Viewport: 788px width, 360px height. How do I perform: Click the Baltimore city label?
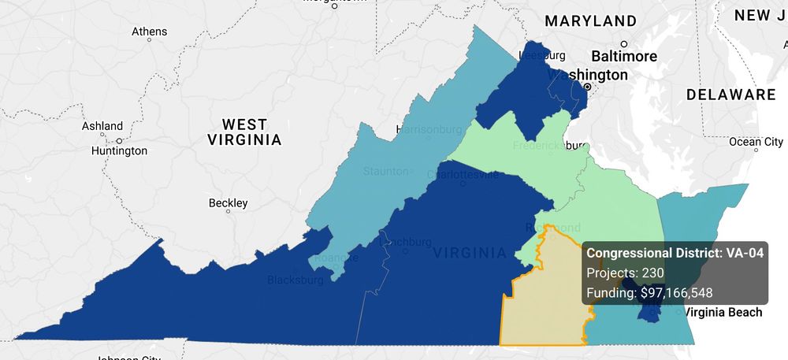624,57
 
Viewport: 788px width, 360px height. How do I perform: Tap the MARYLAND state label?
590,20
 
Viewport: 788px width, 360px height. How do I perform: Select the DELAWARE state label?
730,95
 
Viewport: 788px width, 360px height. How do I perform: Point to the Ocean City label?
756,142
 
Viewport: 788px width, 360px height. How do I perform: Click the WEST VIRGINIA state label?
244,132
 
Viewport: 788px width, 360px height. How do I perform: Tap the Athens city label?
149,32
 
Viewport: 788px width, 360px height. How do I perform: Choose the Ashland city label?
102,126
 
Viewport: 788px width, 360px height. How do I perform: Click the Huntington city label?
119,150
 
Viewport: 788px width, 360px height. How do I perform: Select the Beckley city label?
228,203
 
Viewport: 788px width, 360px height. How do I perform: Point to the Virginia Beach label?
723,313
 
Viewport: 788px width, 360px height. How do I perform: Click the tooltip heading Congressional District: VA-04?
675,253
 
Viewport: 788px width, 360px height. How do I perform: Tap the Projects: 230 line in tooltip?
626,273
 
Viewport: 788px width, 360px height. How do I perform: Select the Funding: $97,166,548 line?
649,293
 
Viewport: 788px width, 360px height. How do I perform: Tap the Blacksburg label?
295,280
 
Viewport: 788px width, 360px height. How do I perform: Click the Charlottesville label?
463,174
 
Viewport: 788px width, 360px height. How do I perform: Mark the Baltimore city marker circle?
624,44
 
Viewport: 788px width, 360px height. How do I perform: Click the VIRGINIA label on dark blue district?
470,253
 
